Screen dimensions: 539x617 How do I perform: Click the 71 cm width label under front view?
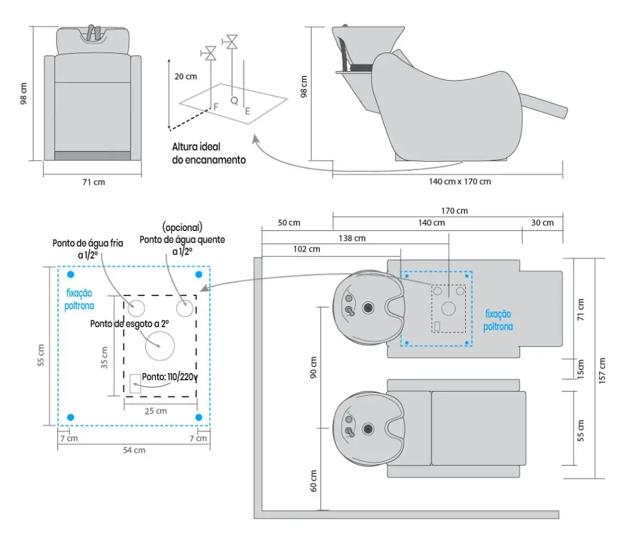(x=93, y=182)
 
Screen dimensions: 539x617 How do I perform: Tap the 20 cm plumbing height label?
(x=185, y=76)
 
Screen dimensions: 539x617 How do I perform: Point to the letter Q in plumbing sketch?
(x=234, y=100)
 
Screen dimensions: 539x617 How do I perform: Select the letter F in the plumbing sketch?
(x=215, y=107)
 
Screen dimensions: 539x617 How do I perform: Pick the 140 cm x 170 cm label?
(x=460, y=182)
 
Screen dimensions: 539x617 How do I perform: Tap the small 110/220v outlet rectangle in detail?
(x=135, y=383)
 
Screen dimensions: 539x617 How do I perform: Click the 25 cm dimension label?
(x=156, y=411)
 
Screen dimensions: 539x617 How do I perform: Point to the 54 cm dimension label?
(x=134, y=450)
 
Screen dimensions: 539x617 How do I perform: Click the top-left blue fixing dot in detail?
(x=70, y=274)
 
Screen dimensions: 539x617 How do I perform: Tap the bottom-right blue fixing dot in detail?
(x=199, y=417)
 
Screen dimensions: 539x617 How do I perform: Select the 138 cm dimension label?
(x=352, y=238)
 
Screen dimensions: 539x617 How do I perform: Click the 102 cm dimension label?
(x=306, y=249)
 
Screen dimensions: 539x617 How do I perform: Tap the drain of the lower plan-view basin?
(x=368, y=430)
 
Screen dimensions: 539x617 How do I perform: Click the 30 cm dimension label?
(x=542, y=223)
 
